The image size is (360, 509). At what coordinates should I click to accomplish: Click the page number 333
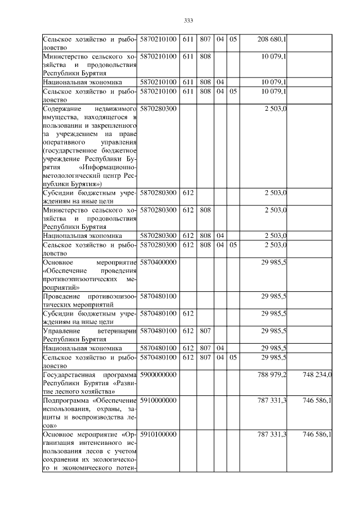pos(188,21)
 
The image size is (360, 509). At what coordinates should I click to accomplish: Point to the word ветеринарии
pos(118,331)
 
